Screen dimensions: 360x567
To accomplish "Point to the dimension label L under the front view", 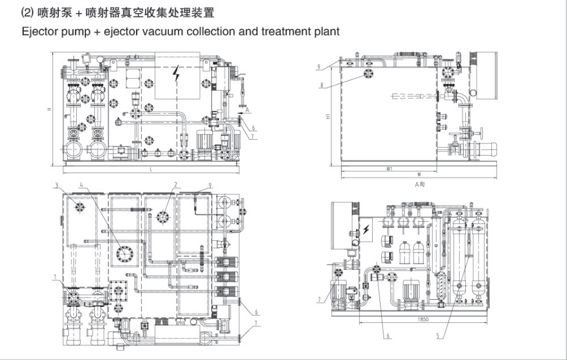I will coord(151,169).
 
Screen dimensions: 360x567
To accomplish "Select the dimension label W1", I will coord(389,169).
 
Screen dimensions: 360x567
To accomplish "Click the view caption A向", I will coord(421,184).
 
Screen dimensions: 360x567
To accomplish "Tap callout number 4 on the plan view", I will coord(81,185).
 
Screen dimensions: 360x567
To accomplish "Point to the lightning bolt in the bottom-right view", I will coord(366,229).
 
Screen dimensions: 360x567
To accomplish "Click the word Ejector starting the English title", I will coord(39,31).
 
